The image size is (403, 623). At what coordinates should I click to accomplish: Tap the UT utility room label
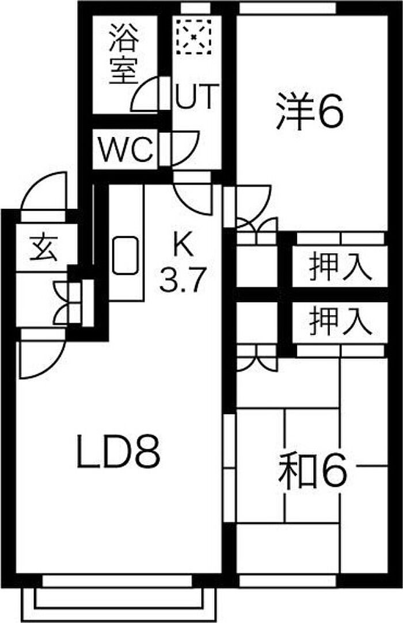tap(196, 96)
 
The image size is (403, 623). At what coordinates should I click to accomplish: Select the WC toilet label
tap(125, 151)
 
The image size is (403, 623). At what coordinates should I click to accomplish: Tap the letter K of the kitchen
tap(183, 246)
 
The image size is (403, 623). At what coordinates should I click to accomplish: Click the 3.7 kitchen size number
tap(183, 281)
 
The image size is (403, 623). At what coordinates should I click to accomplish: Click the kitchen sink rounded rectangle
tap(125, 255)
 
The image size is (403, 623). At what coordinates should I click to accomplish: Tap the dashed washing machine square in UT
tap(194, 36)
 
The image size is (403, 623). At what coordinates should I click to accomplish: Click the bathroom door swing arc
tap(146, 95)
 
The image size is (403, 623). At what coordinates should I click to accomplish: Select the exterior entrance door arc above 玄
tap(43, 193)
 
